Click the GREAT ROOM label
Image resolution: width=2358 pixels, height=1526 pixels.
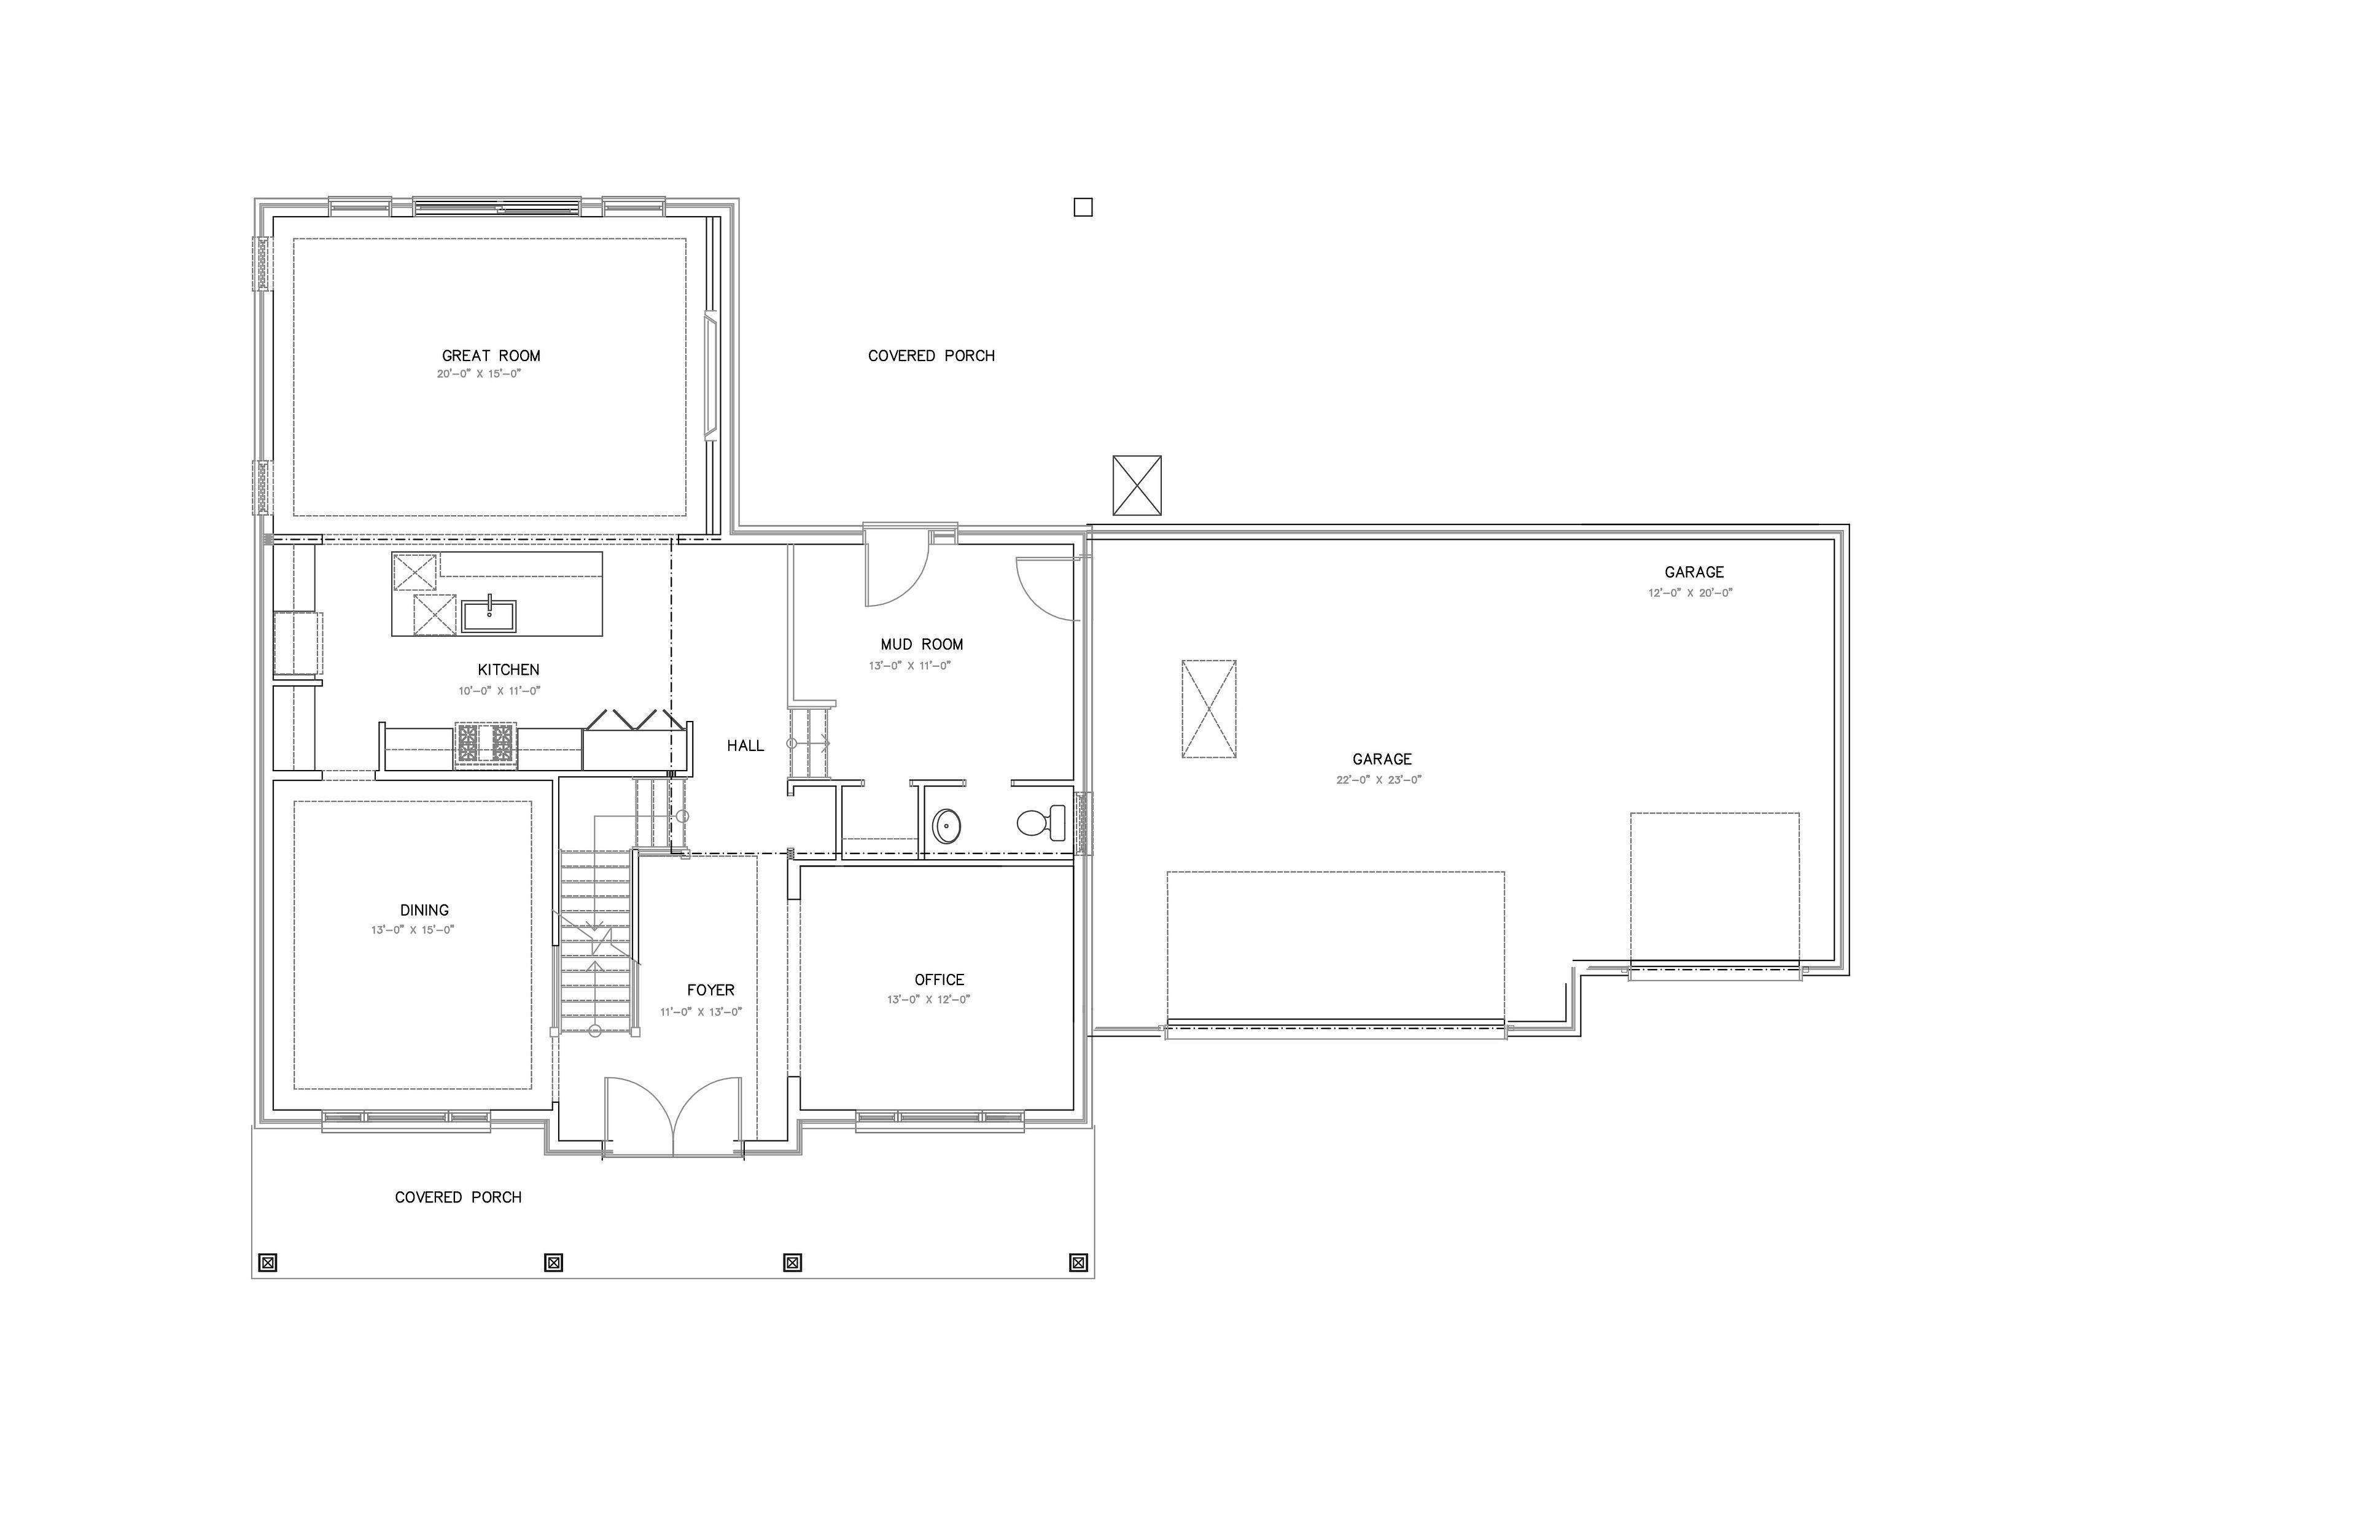click(x=491, y=356)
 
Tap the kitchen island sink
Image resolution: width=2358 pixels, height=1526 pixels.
click(x=488, y=615)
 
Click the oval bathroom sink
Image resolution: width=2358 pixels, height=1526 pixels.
click(x=946, y=825)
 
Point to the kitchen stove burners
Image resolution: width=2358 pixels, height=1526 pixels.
click(x=486, y=743)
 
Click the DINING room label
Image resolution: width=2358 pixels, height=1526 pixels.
click(x=424, y=909)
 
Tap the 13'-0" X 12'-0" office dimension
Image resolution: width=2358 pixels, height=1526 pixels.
click(x=928, y=1000)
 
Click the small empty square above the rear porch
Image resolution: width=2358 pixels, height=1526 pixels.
click(x=1083, y=207)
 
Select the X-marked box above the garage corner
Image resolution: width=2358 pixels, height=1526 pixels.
click(x=1137, y=486)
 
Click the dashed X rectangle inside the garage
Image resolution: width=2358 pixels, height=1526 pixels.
click(x=1208, y=709)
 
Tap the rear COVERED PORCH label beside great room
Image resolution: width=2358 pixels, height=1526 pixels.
click(x=930, y=356)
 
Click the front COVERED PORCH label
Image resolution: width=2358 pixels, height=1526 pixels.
click(x=457, y=1197)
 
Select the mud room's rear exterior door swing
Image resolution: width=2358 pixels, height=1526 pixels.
click(x=897, y=570)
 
